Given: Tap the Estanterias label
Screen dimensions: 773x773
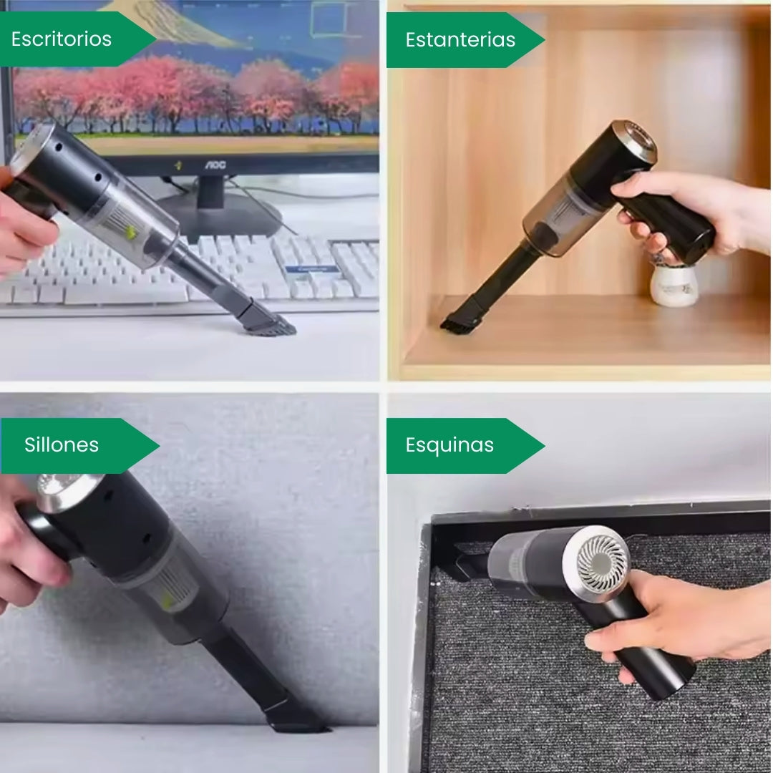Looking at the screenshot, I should click(x=460, y=40).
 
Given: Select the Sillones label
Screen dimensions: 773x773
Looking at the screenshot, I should click(x=62, y=444).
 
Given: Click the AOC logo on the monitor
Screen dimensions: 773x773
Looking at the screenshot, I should click(x=215, y=165).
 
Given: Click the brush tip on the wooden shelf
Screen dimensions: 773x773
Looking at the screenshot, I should click(x=454, y=323).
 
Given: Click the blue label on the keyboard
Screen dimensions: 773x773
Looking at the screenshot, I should click(x=311, y=268).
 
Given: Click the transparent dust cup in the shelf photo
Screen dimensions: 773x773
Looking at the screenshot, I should click(x=558, y=215).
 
